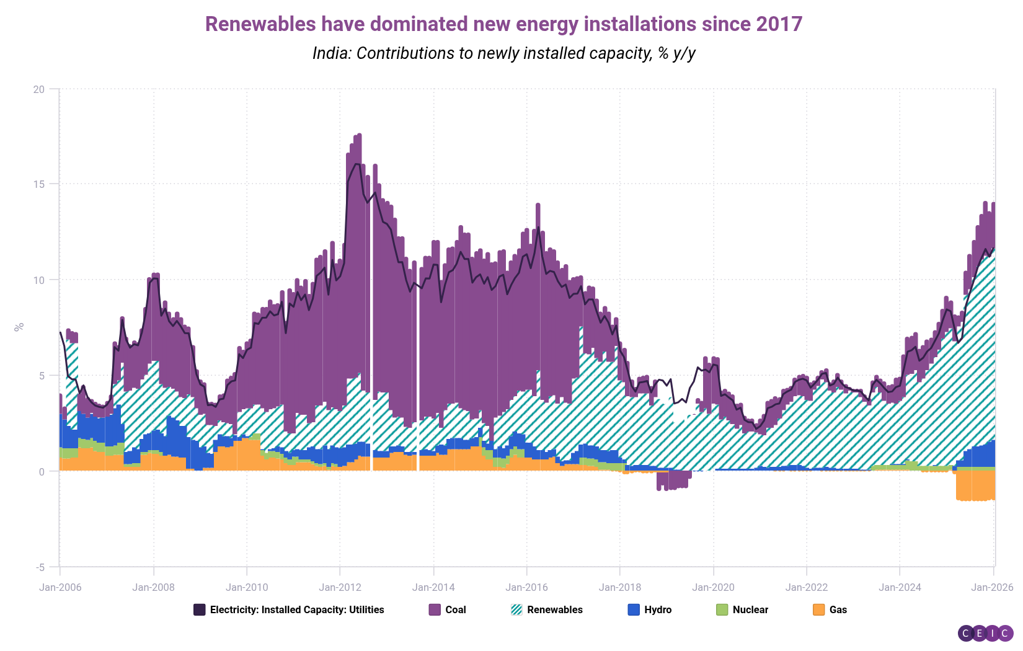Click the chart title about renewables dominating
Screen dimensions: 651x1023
click(503, 24)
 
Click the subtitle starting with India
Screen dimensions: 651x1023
click(503, 53)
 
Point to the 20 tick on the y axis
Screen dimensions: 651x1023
click(39, 89)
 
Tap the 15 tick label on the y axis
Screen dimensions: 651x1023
click(39, 184)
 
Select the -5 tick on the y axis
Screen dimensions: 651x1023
click(39, 567)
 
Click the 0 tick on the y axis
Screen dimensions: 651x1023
click(42, 472)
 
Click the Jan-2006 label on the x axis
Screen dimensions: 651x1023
click(60, 587)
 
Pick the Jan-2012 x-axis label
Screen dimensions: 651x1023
click(340, 587)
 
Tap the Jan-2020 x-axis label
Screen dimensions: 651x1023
click(713, 587)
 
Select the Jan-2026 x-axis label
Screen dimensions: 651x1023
click(993, 587)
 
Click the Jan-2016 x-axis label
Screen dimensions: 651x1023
click(526, 587)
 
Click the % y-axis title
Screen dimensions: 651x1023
click(19, 327)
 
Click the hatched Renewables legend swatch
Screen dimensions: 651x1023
click(516, 609)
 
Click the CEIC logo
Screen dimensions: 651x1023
click(985, 633)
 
